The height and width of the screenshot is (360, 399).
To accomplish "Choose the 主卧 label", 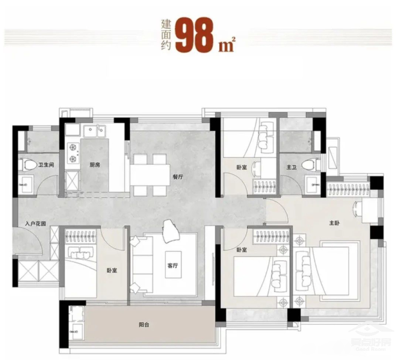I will pyautogui.click(x=334, y=223).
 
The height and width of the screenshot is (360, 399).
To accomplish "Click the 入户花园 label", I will pyautogui.click(x=36, y=223).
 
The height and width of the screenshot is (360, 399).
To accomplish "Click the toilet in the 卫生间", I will pyautogui.click(x=27, y=164).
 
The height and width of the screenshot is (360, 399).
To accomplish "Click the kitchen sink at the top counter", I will pyautogui.click(x=95, y=131).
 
